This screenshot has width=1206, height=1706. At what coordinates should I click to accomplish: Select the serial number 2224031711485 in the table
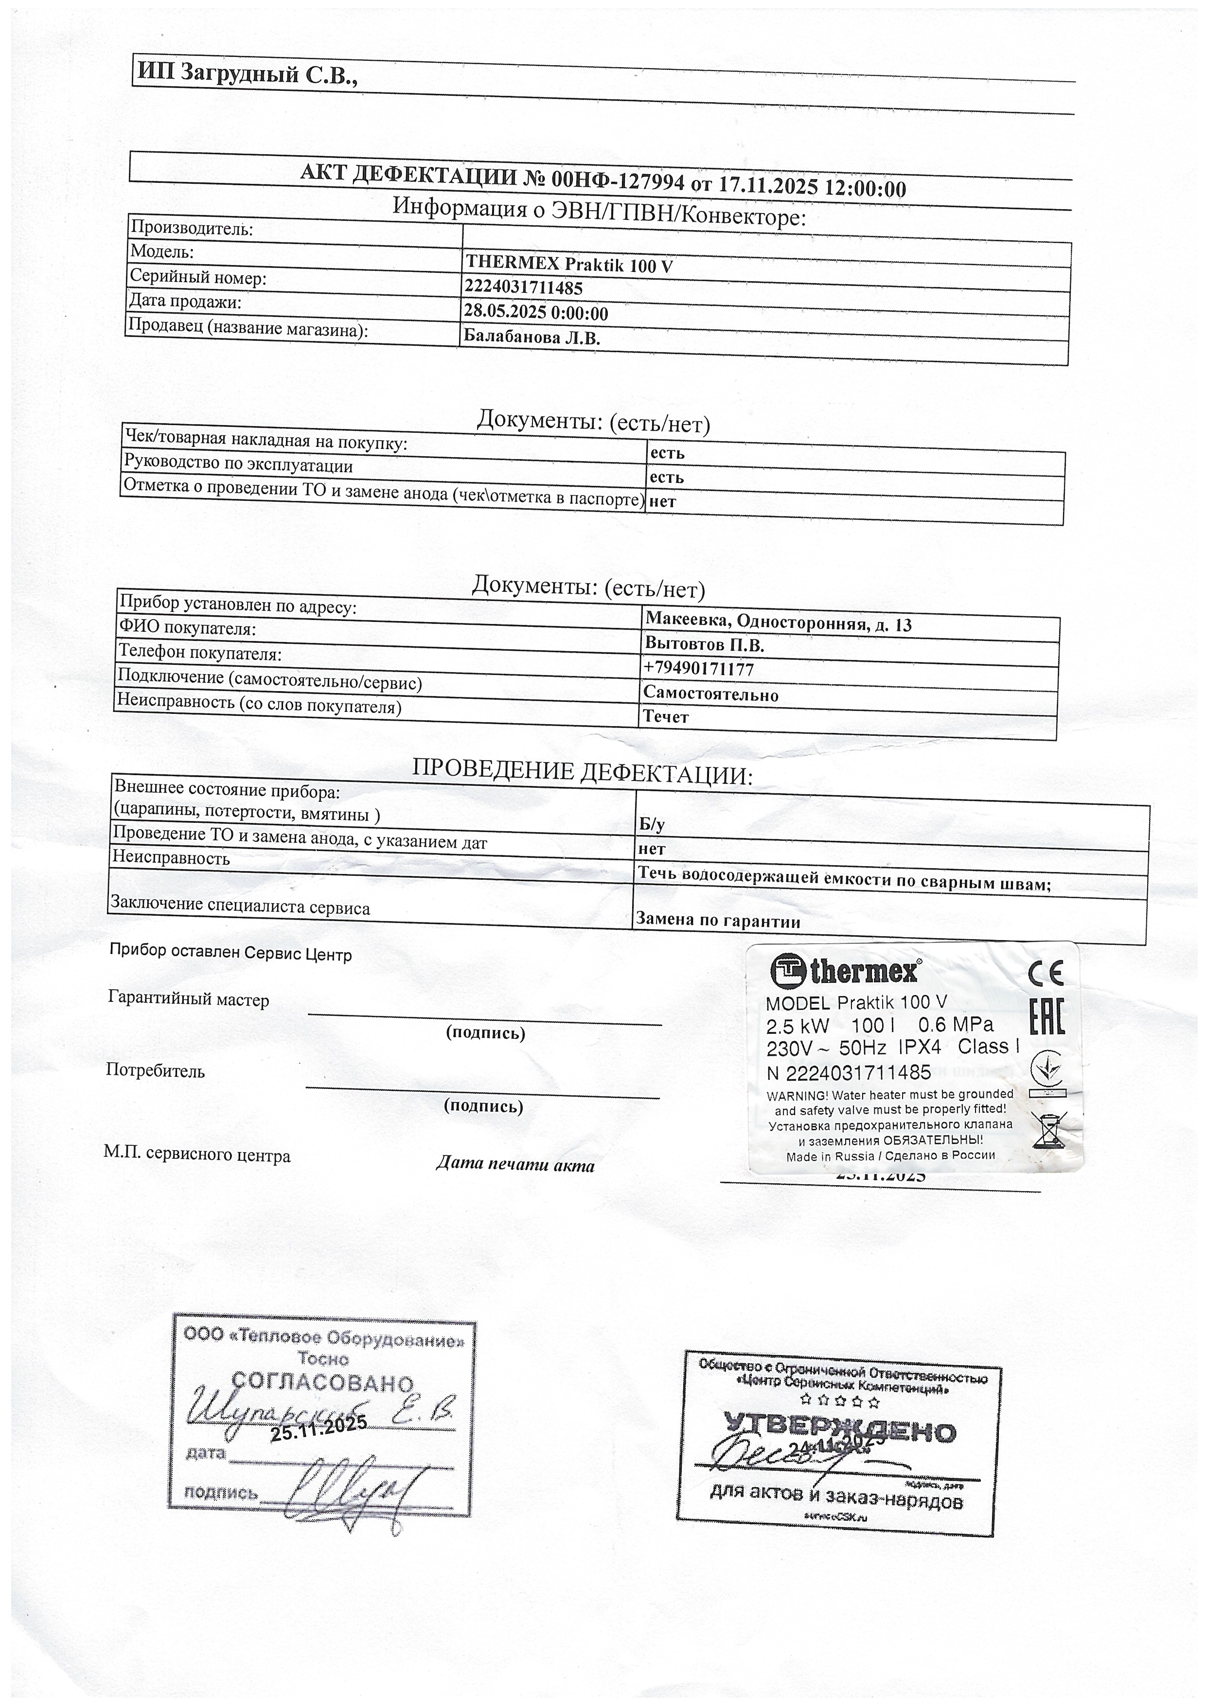(x=524, y=287)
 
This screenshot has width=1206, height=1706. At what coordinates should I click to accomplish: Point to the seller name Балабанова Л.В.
(x=532, y=338)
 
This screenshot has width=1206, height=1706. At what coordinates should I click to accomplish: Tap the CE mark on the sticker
(x=1045, y=973)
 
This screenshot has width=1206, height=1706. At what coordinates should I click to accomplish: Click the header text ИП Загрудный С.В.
(x=248, y=74)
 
